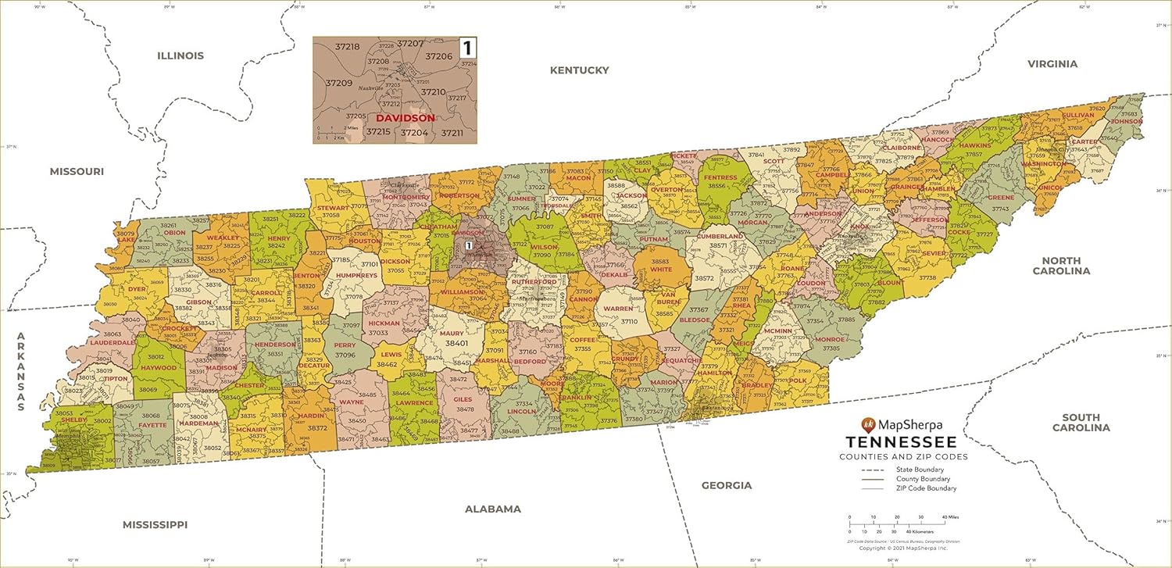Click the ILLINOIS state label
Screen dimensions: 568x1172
(180, 55)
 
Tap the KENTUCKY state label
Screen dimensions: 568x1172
(579, 70)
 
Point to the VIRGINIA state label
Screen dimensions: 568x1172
(1052, 64)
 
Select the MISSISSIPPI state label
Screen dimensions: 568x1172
(155, 524)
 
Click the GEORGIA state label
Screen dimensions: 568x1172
(726, 485)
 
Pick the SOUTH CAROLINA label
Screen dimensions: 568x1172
(1081, 423)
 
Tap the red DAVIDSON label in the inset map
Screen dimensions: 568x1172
(406, 118)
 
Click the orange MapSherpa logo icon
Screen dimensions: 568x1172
(867, 425)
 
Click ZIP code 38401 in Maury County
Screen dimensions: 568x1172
(456, 343)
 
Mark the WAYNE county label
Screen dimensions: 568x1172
(351, 402)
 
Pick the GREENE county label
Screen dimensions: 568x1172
(1001, 198)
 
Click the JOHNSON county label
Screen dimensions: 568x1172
(1126, 122)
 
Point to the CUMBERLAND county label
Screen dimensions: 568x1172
(720, 236)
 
